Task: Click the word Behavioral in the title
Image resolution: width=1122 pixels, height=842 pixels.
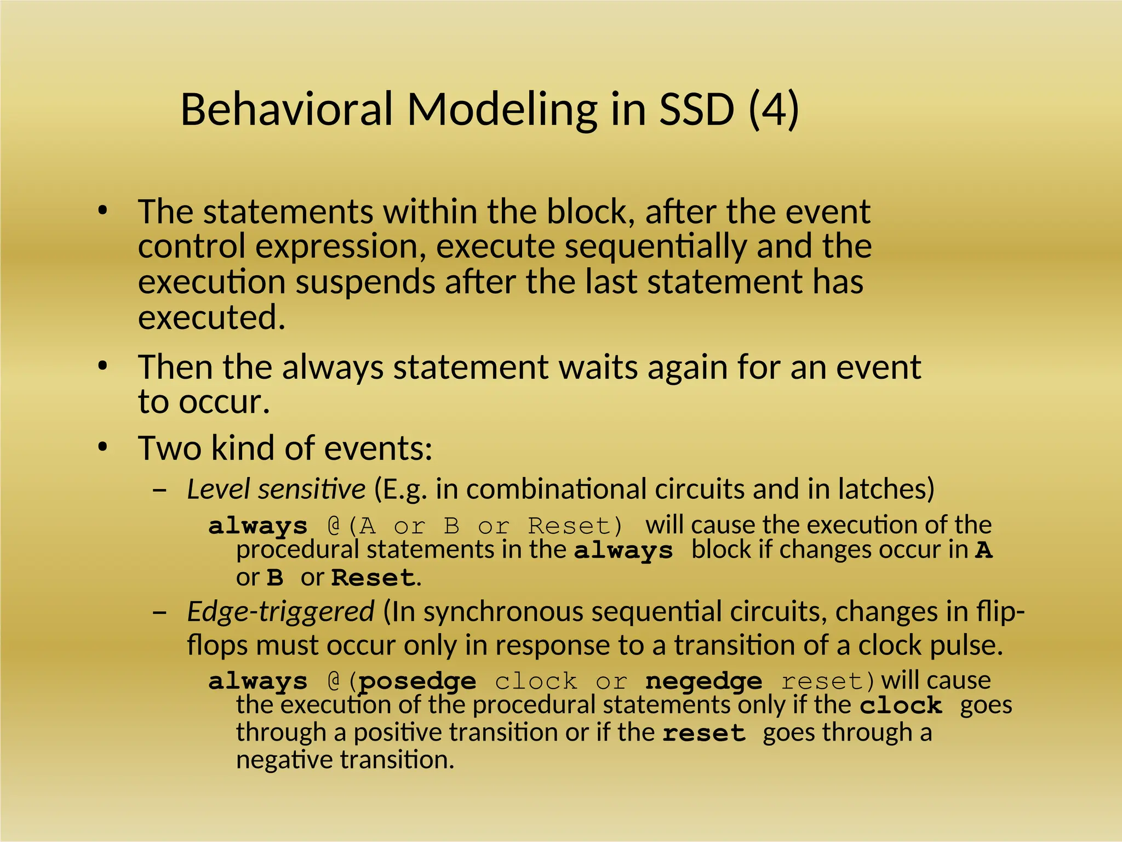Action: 287,109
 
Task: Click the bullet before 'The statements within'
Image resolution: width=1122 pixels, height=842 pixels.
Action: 102,212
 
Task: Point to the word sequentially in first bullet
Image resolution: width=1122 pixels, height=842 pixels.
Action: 655,247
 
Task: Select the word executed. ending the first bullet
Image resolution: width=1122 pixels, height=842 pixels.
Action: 211,317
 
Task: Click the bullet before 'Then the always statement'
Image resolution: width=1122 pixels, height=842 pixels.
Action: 102,367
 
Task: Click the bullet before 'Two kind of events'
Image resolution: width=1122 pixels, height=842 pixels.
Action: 102,448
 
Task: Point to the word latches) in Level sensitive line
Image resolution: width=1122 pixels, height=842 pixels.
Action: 885,489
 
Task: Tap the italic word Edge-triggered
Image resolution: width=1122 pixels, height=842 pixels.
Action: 280,611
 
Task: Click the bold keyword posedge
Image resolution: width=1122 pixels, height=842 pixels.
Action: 417,681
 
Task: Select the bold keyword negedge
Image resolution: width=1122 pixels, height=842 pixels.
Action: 703,681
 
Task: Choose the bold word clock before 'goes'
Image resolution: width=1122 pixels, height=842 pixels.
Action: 900,706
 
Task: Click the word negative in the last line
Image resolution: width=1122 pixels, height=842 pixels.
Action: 284,760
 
